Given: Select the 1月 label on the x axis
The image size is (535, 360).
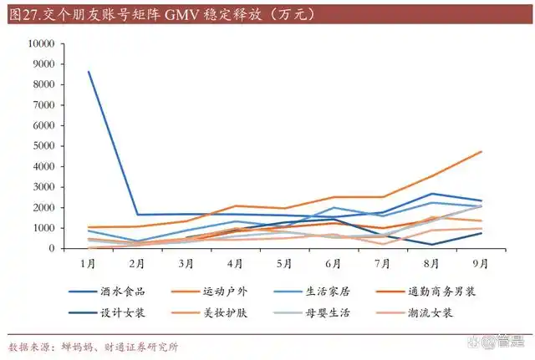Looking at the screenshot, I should pyautogui.click(x=88, y=263).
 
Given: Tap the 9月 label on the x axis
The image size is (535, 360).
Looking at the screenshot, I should pyautogui.click(x=480, y=263).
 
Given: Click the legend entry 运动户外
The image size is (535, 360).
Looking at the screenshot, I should pyautogui.click(x=226, y=292).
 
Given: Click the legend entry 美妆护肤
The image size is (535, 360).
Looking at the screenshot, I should pyautogui.click(x=226, y=312).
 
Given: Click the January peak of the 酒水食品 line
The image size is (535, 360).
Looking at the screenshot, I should pyautogui.click(x=89, y=72).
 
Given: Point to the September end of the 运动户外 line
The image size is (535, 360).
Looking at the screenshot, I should pyautogui.click(x=480, y=151).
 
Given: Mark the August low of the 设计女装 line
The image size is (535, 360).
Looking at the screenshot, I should pyautogui.click(x=431, y=245).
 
